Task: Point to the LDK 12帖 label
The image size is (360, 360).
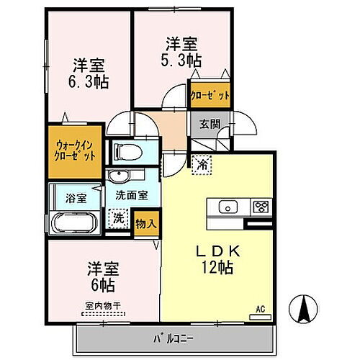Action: (217, 260)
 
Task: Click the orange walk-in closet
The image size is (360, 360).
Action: (76, 153)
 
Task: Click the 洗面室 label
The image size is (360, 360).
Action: (132, 193)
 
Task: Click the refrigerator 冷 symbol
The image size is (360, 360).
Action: (203, 165)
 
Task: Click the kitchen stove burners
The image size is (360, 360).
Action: (260, 207)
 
